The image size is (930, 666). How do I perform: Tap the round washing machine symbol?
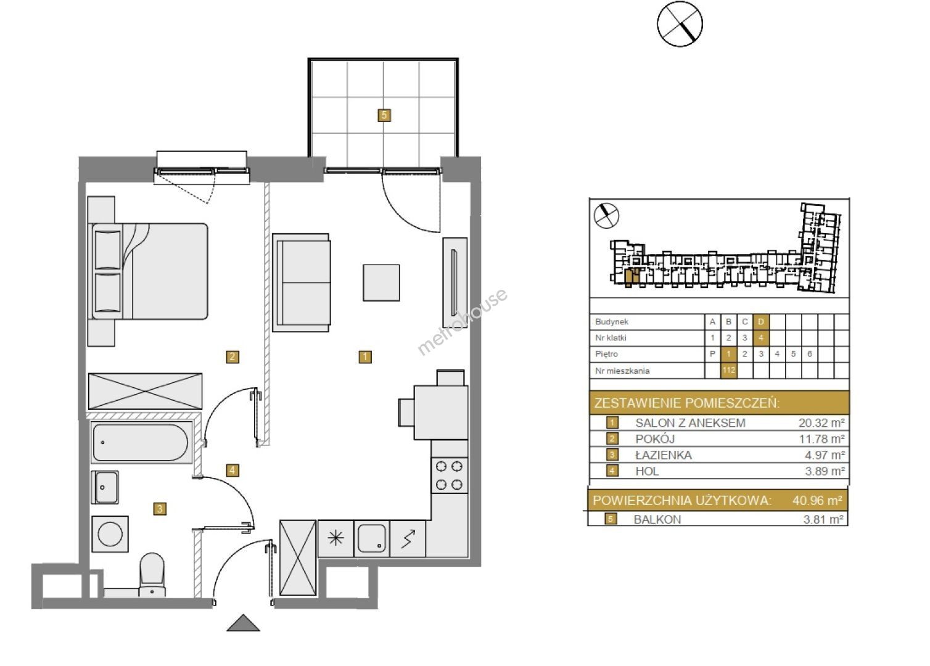[110, 534]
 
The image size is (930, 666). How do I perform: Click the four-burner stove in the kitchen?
[449, 475]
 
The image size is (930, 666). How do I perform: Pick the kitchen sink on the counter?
[372, 538]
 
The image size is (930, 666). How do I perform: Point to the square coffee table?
[381, 283]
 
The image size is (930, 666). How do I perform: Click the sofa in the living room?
[302, 282]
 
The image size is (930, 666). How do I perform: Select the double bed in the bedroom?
[148, 271]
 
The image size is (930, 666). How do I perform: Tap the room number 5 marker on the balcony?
[384, 115]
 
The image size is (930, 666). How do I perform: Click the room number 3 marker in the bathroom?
[160, 509]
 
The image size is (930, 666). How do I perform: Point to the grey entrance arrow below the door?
[244, 623]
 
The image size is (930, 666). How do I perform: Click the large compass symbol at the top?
[680, 23]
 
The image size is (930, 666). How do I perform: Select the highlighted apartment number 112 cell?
[728, 371]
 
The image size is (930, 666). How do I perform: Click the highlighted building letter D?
[761, 322]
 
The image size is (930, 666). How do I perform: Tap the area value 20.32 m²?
[821, 423]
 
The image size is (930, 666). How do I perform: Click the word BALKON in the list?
[657, 519]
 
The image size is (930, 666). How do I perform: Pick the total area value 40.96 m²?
[817, 500]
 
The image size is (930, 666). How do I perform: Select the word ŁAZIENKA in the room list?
[664, 455]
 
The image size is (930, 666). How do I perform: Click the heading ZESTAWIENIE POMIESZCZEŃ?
[687, 403]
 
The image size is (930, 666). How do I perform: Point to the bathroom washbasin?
[105, 487]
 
